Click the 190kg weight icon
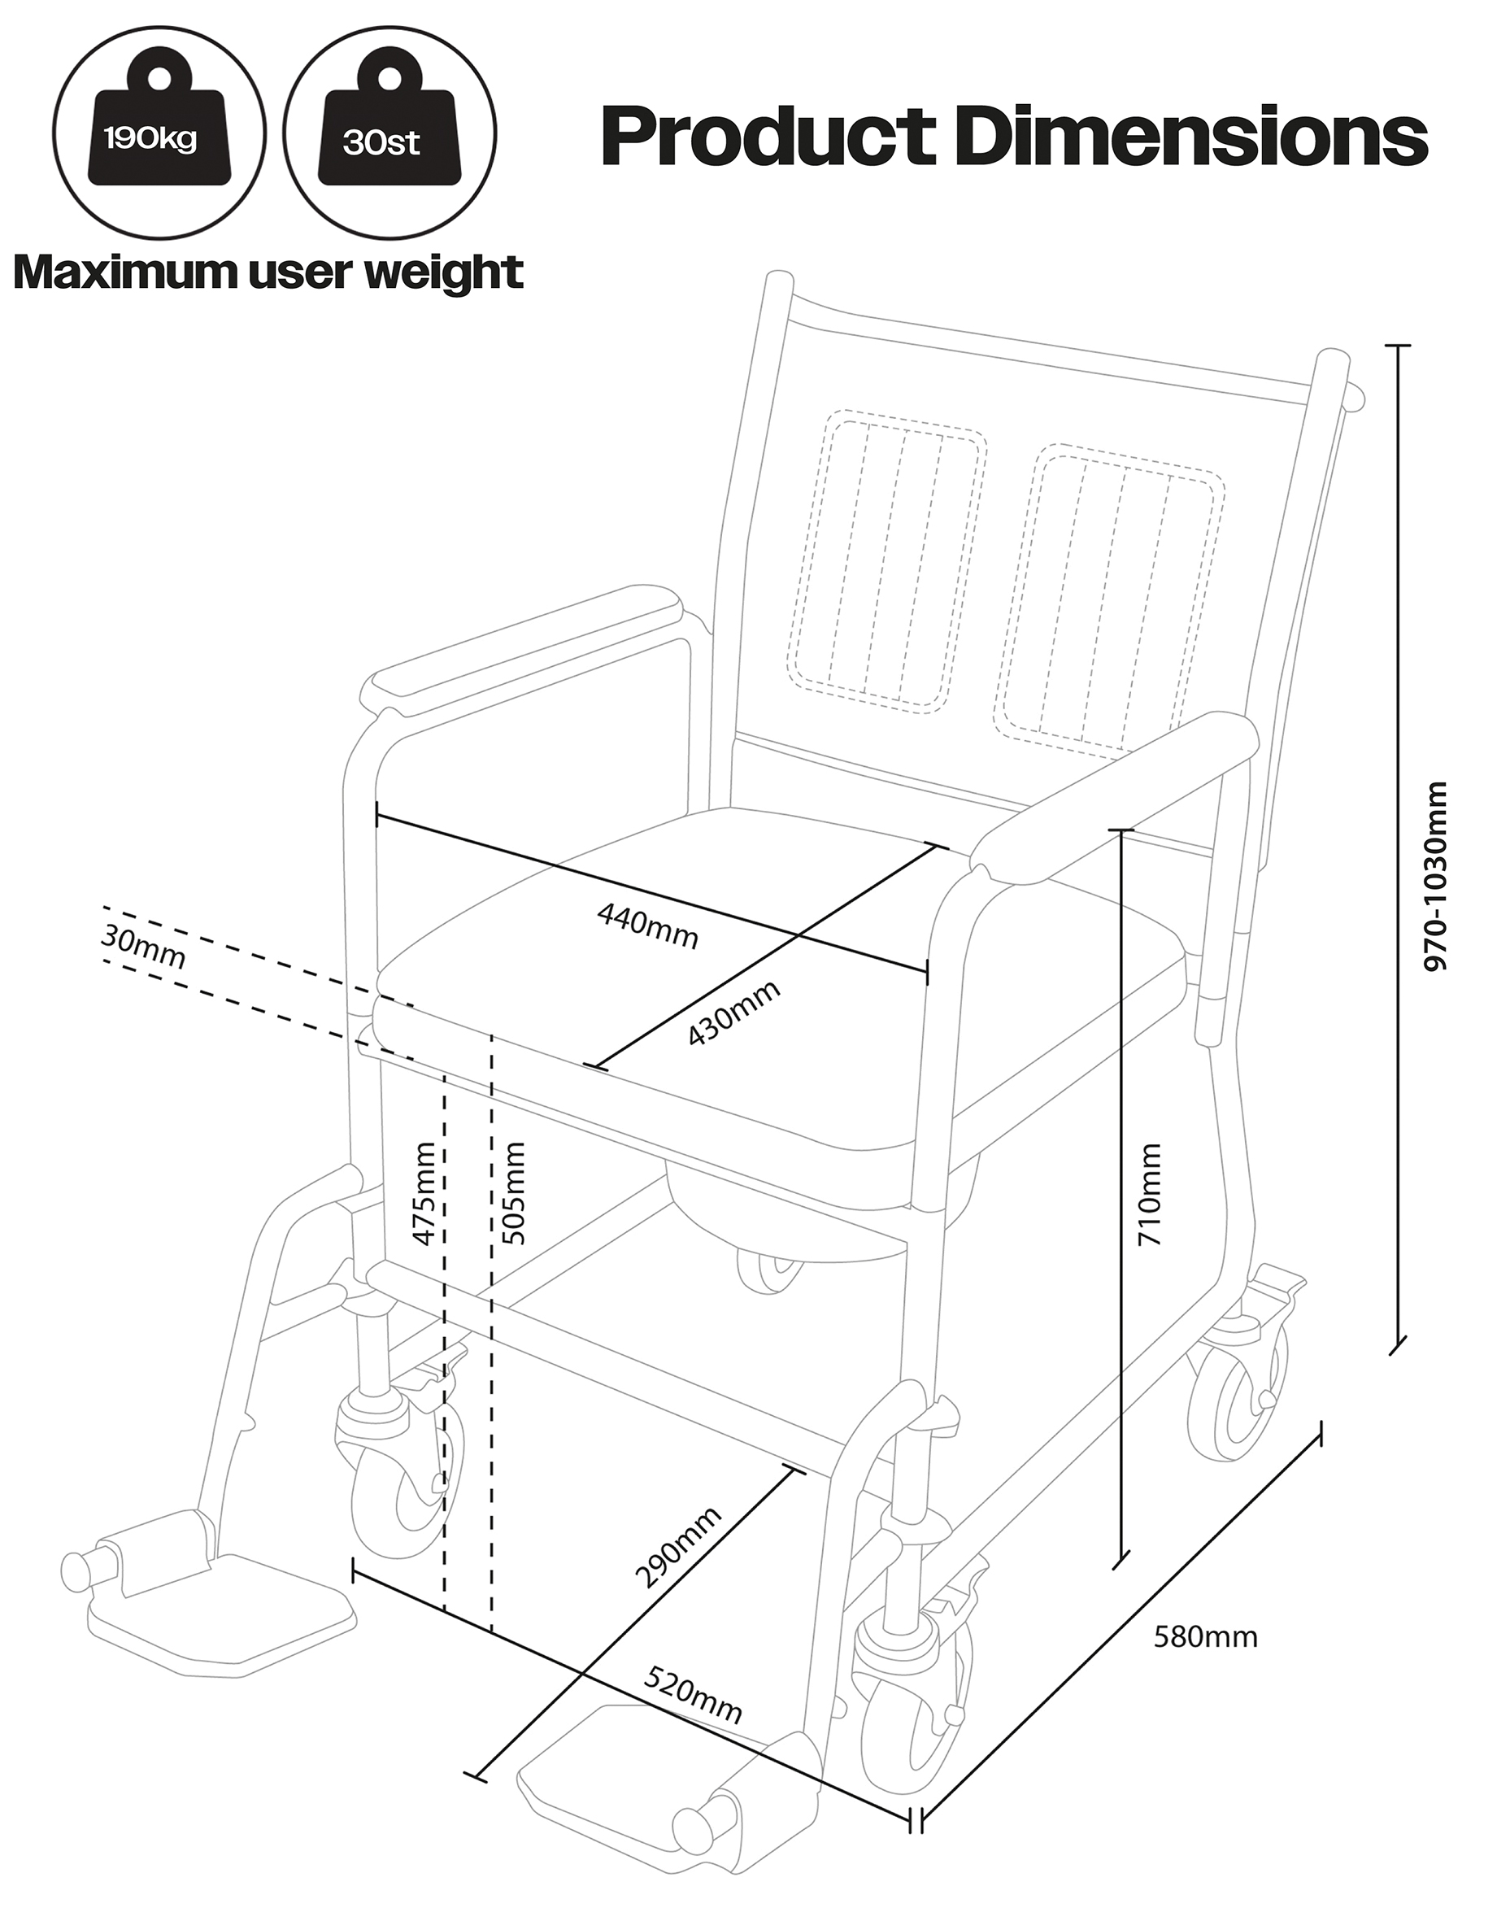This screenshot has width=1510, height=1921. (x=159, y=133)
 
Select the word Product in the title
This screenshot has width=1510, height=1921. (x=768, y=137)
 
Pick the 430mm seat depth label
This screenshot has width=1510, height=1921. (x=733, y=1012)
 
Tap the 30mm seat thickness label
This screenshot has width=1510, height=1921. (x=143, y=947)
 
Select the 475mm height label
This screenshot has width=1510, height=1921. (x=424, y=1193)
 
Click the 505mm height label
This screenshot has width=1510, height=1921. (x=513, y=1193)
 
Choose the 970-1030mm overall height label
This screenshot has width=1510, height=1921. (x=1437, y=875)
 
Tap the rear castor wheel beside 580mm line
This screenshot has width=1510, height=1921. (x=1238, y=1405)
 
